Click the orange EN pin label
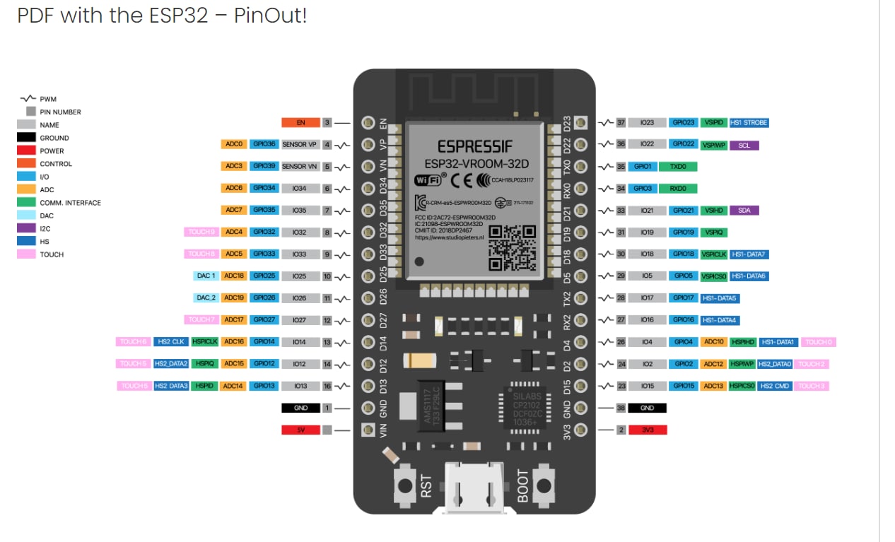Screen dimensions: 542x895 tap(300, 122)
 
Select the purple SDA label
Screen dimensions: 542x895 tap(744, 211)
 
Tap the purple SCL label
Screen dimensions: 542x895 tap(744, 146)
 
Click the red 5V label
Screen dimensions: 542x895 tap(300, 430)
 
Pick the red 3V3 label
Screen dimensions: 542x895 tap(648, 430)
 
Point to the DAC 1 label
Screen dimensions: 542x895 tap(206, 276)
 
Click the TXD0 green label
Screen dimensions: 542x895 tap(678, 167)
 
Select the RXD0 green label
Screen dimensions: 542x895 tap(678, 189)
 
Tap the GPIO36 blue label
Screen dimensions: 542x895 tap(264, 144)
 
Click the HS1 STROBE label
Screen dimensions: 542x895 tap(749, 123)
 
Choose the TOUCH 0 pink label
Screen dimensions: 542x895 tap(818, 342)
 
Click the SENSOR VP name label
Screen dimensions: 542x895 tap(300, 144)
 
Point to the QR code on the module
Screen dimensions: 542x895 tap(513, 247)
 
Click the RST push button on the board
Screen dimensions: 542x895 tap(405, 485)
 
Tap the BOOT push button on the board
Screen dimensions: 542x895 tap(544, 485)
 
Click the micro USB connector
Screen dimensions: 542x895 tap(474, 488)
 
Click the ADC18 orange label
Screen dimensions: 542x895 tap(234, 276)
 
